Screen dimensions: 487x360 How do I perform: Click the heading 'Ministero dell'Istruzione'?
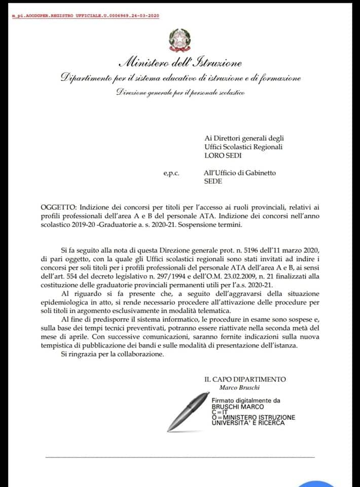pyautogui.click(x=179, y=63)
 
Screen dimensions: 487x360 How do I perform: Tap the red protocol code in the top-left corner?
pyautogui.click(x=85, y=16)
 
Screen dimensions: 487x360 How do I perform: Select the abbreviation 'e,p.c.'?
pyautogui.click(x=171, y=173)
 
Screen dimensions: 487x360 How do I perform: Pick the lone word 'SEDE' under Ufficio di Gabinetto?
pyautogui.click(x=212, y=181)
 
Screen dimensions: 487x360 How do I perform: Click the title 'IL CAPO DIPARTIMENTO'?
pyautogui.click(x=245, y=379)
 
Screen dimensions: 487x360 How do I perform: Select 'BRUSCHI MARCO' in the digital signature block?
pyautogui.click(x=238, y=407)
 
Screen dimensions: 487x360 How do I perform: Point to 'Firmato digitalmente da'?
pyautogui.click(x=246, y=400)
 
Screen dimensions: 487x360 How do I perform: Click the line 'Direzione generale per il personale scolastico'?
pyautogui.click(x=181, y=92)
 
